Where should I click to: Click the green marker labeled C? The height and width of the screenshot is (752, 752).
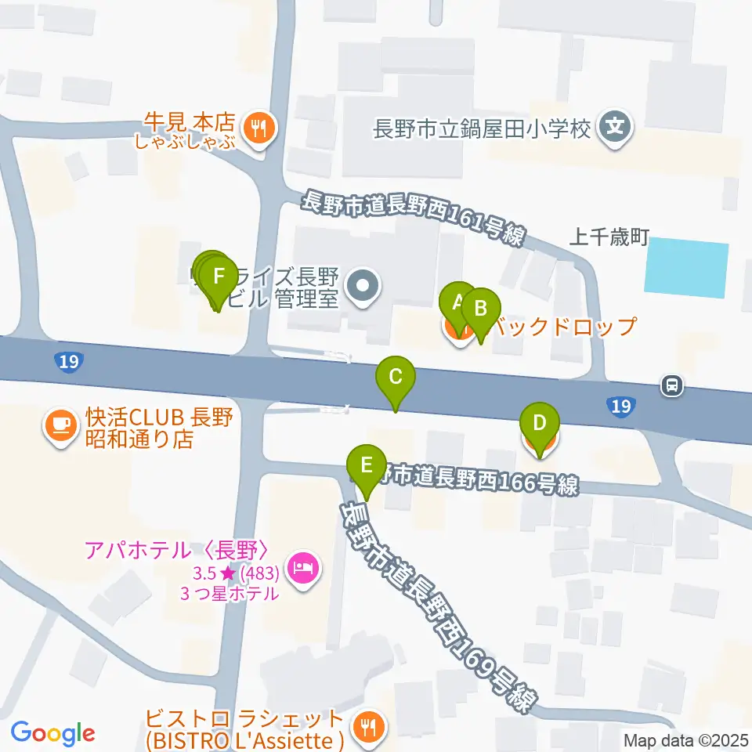(396, 378)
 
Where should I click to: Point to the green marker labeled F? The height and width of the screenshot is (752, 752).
(219, 277)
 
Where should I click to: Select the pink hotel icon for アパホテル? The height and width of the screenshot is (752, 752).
(302, 566)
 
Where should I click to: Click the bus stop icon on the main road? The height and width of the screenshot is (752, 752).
(672, 385)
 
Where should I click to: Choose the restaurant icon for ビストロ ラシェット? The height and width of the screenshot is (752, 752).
(364, 728)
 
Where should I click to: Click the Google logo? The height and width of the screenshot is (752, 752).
(52, 732)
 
